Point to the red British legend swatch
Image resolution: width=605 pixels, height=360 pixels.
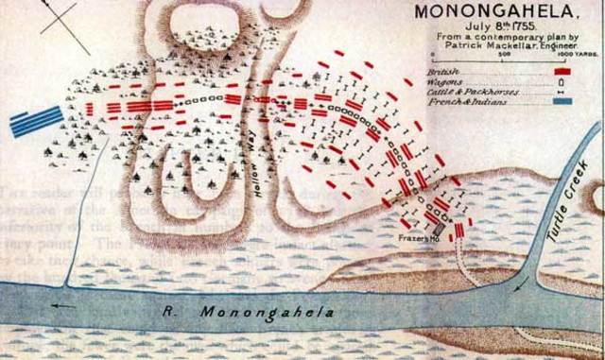(x=565, y=70)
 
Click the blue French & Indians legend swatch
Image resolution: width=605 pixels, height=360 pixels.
(x=564, y=98)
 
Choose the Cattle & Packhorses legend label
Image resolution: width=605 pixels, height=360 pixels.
(x=464, y=89)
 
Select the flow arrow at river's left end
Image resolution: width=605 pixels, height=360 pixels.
(x=63, y=305)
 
